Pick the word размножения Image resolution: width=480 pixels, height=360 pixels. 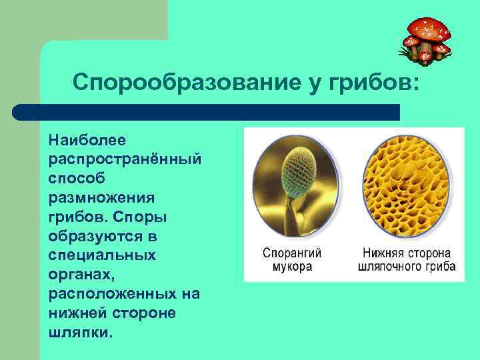click(101, 199)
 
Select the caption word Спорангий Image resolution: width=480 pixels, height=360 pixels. click(292, 254)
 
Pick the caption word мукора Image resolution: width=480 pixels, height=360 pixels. click(292, 267)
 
